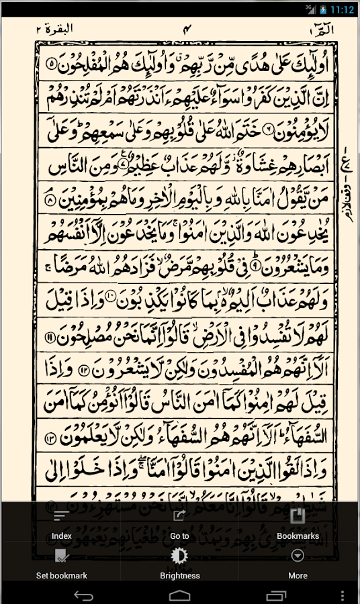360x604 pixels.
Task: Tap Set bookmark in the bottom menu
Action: pos(61,564)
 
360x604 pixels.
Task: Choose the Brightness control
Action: pos(179,564)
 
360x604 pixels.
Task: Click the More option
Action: pos(298,564)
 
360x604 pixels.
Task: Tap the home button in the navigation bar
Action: pos(180,595)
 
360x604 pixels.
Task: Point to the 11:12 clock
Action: pos(343,9)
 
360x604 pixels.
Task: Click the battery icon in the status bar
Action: pos(323,9)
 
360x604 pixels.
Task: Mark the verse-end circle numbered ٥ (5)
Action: pos(54,66)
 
